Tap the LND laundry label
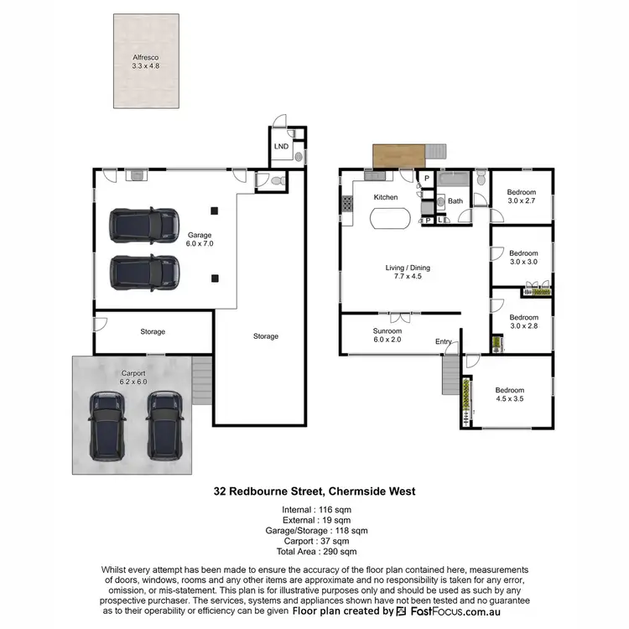281,147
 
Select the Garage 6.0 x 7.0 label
200,239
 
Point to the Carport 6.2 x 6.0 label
133,377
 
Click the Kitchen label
386,197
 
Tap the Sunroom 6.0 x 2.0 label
387,335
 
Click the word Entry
443,341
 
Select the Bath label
455,201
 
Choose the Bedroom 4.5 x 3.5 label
509,395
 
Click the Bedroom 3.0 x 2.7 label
522,197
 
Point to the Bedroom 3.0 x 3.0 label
523,257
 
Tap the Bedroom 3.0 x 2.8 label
523,322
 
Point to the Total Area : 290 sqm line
314,551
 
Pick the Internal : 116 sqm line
314,509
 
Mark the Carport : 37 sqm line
314,541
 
